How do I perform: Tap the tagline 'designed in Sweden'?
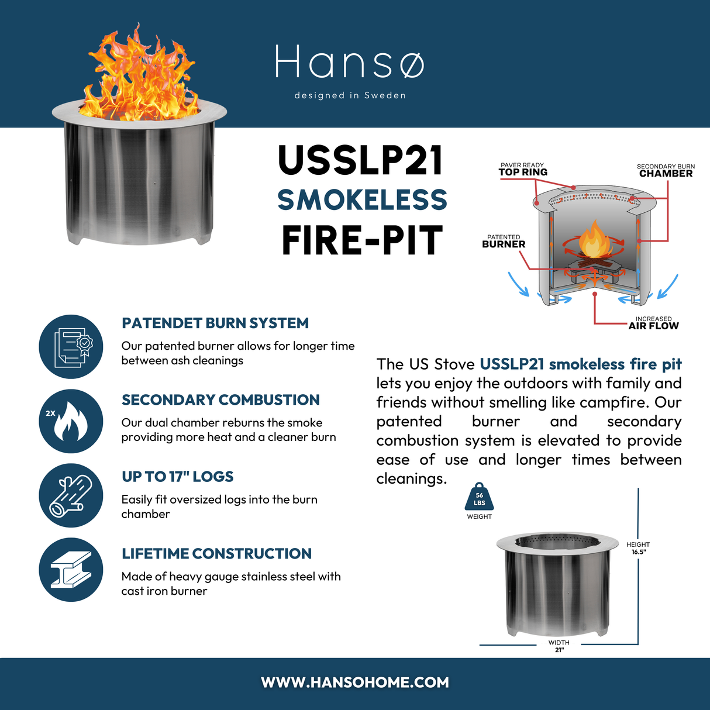tap(350, 95)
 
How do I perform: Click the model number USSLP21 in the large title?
tap(361, 161)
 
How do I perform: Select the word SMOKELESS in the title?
tap(362, 200)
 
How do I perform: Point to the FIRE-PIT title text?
tap(362, 240)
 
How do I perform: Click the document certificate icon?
tap(71, 347)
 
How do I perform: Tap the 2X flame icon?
tap(71, 421)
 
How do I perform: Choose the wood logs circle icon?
tap(71, 495)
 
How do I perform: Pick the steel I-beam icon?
tap(71, 570)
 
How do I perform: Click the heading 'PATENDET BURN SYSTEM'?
tap(215, 323)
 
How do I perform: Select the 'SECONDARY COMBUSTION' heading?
tap(220, 400)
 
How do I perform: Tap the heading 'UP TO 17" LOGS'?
tap(177, 477)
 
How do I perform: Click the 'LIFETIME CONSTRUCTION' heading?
tap(216, 554)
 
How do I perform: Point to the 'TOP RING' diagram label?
tap(523, 172)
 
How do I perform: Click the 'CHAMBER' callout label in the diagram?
tap(666, 174)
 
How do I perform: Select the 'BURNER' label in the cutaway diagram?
tap(504, 244)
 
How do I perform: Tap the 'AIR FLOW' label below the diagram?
tap(653, 326)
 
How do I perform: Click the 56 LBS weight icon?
tap(479, 498)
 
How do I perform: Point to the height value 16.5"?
tap(638, 552)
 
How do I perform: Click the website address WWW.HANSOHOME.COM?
tap(355, 683)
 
